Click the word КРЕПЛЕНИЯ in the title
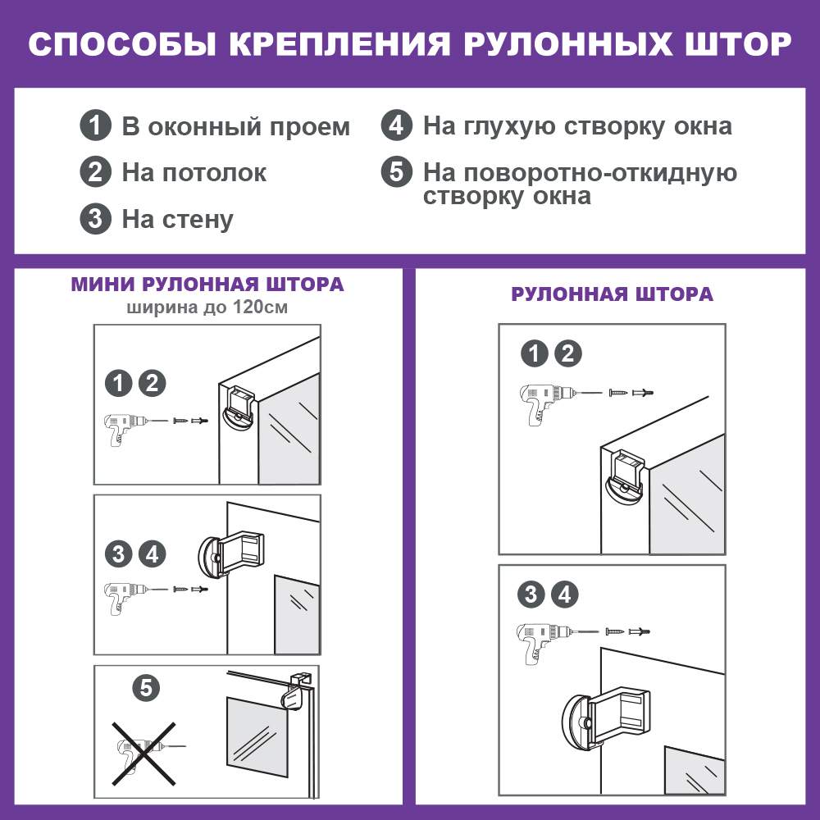339,44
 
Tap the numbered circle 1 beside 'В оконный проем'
96,125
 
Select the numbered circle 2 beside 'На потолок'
96,171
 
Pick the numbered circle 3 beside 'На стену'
96,218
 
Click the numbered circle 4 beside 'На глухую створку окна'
396,125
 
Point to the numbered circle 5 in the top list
396,171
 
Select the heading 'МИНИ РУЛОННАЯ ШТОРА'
207,285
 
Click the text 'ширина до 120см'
207,307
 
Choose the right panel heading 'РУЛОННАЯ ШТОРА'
612,294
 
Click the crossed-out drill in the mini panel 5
143,754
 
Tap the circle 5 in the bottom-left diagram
146,688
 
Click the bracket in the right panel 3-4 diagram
606,717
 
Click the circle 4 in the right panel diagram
565,594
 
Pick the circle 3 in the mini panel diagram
119,554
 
